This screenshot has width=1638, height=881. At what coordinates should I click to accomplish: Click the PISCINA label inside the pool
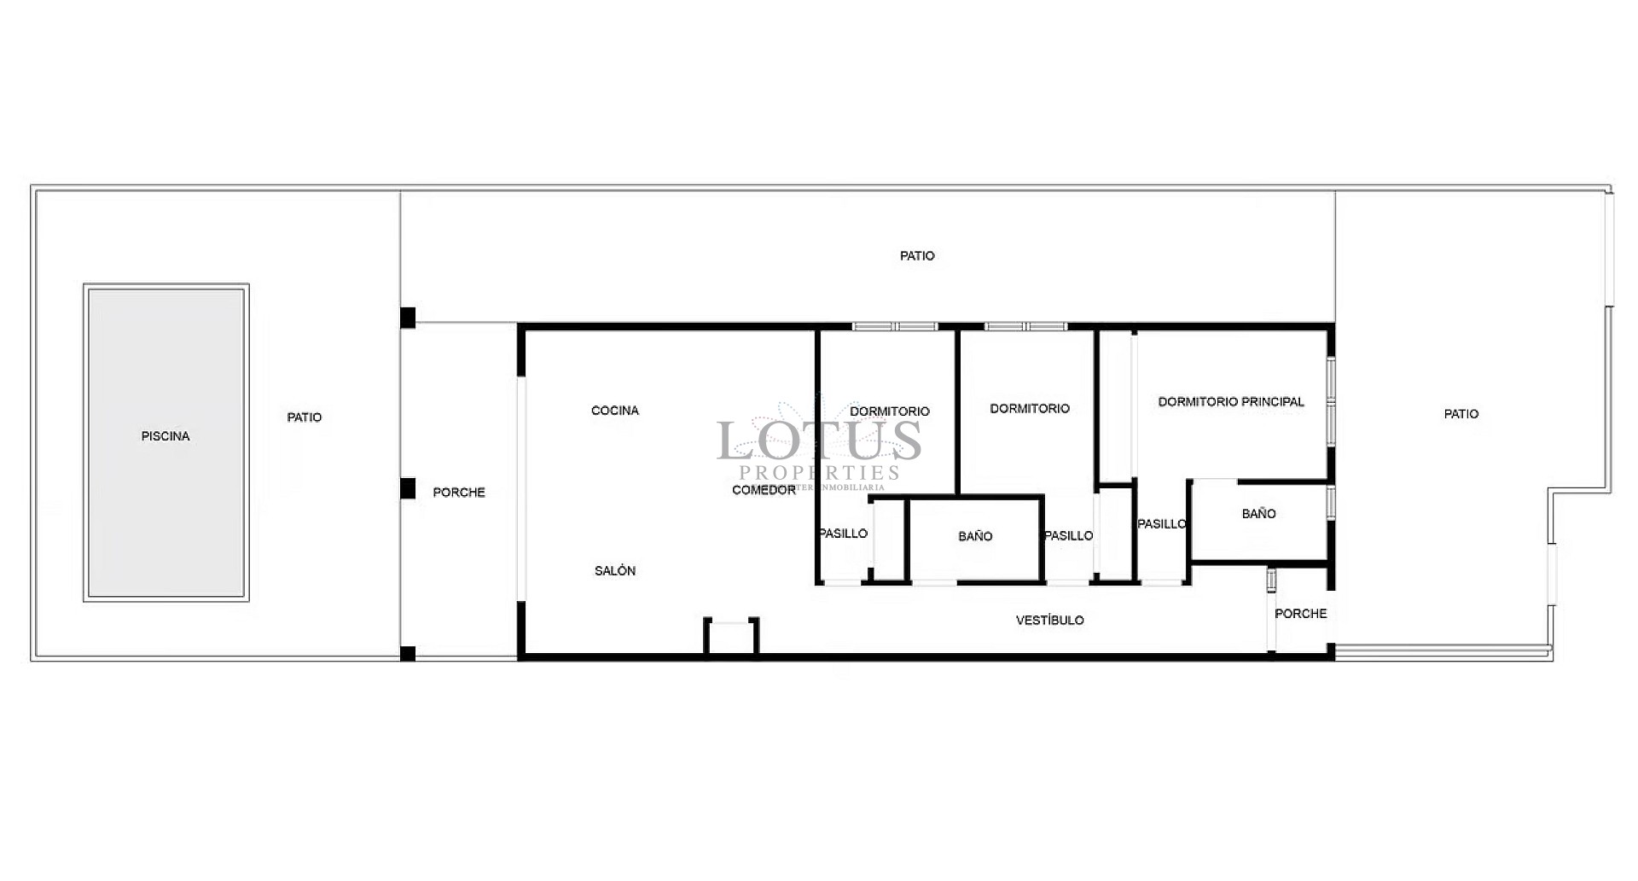166,436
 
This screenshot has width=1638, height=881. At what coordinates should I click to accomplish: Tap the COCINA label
614,411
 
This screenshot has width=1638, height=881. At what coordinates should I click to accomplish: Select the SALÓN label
614,571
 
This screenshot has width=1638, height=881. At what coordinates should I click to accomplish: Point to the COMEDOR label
764,490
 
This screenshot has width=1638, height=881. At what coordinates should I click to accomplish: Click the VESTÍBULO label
1049,621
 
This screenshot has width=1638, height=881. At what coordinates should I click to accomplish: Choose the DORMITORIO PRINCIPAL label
1230,401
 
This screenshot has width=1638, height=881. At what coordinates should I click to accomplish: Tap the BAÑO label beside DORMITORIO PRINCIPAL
1258,514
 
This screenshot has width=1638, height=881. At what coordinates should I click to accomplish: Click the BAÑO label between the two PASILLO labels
975,537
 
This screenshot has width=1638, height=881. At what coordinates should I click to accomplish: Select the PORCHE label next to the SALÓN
459,493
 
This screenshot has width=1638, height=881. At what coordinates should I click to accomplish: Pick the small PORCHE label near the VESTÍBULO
1300,614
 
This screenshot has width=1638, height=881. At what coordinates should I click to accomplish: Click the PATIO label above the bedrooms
917,256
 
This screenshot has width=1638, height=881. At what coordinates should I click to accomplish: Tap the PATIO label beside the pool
305,417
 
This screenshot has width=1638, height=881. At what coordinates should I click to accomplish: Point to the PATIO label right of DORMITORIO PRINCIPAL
1461,414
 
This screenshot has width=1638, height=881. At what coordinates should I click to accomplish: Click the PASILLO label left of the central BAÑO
843,534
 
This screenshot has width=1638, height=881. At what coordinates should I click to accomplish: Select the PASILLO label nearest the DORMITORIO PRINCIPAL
1161,524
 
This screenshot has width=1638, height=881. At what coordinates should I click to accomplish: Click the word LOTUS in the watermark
819,441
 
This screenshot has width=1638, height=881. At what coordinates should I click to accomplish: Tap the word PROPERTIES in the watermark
819,473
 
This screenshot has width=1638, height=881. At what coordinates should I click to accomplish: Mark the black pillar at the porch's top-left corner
408,318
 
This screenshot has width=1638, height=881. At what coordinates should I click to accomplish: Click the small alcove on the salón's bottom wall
731,637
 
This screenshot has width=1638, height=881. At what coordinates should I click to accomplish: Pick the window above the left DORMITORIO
895,326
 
